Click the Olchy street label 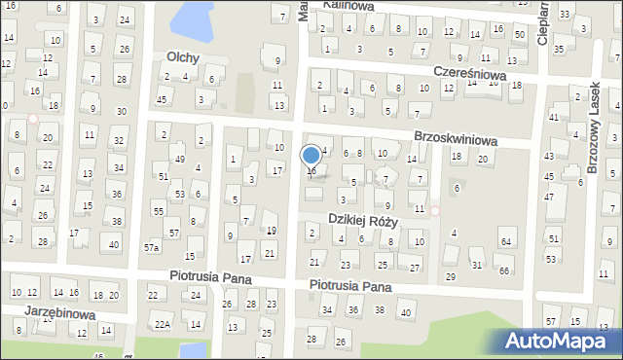point(183,57)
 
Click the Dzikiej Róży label point(363,220)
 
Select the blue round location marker point(311,156)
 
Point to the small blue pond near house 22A point(194,348)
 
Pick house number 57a point(152,247)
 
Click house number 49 point(179,159)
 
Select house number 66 point(503,270)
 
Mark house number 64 point(505,241)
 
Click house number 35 point(559,49)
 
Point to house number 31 point(476,265)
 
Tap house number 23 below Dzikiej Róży point(346,266)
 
